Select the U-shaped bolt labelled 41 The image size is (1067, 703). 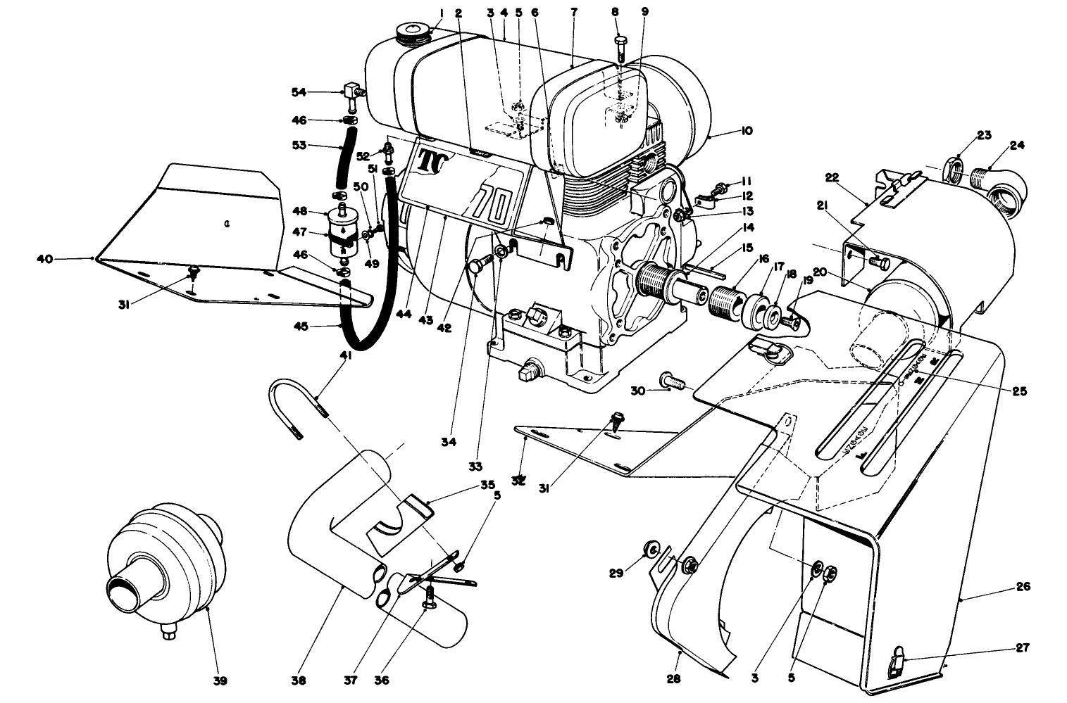296,408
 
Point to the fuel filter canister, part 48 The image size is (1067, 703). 342,225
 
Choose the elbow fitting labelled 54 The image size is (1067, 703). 352,92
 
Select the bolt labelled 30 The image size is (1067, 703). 673,382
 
